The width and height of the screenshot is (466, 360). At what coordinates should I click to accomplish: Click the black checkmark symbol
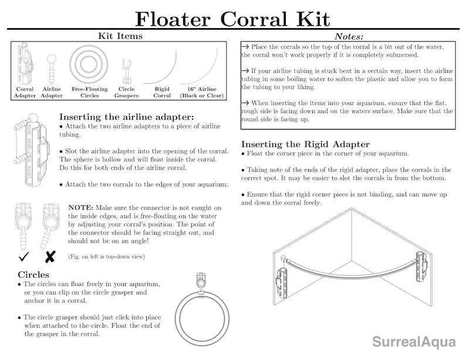[24, 257]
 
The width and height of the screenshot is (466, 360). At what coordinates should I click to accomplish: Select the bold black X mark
[50, 257]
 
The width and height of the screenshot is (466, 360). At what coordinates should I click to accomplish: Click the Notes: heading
[349, 37]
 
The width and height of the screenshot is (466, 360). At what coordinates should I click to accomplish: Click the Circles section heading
[33, 274]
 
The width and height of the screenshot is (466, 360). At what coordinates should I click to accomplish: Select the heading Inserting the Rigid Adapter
[305, 144]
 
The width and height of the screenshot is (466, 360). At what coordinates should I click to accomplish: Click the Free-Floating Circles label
[89, 93]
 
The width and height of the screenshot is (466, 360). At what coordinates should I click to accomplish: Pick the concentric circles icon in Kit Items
[89, 64]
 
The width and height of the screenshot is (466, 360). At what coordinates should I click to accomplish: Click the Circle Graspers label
[126, 93]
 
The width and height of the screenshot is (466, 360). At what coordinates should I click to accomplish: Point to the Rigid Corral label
[162, 93]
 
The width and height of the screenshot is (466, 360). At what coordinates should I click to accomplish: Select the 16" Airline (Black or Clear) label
[201, 93]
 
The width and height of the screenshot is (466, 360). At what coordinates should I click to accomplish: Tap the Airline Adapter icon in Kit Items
[52, 66]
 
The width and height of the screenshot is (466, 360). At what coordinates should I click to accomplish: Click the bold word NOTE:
[85, 208]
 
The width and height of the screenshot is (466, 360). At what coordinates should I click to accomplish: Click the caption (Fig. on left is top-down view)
[106, 257]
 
